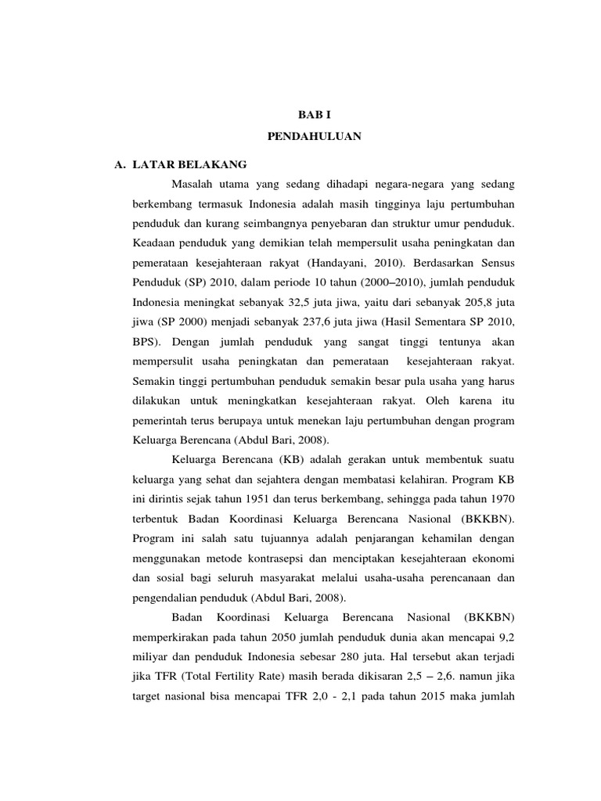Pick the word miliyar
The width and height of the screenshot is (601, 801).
150,660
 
